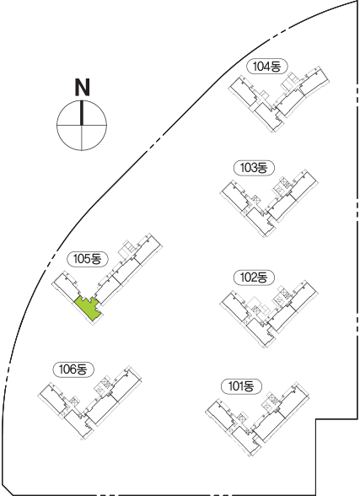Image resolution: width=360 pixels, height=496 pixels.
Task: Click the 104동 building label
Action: pos(267,67)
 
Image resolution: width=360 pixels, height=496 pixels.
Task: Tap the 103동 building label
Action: pos(254,168)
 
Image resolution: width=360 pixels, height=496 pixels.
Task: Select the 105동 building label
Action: pos(88,259)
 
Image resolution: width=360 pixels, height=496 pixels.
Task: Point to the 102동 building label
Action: pos(254,278)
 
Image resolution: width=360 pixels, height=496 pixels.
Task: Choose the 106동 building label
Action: pos(73,369)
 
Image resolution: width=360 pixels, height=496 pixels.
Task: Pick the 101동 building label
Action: pos(241,386)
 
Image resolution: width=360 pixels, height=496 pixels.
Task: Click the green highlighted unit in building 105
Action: pos(89,309)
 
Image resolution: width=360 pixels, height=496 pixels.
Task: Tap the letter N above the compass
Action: pos(82,87)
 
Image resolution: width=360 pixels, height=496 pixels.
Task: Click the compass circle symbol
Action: pos(82,125)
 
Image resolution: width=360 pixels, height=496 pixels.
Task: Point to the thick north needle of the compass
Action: pos(82,113)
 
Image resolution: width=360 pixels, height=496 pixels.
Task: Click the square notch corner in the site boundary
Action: pos(316,419)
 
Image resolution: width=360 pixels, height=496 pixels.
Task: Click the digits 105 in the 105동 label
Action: pos(82,259)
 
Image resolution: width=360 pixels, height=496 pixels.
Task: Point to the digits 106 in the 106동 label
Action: pos(67,369)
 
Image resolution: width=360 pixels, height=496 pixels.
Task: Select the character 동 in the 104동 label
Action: pos(274,67)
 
